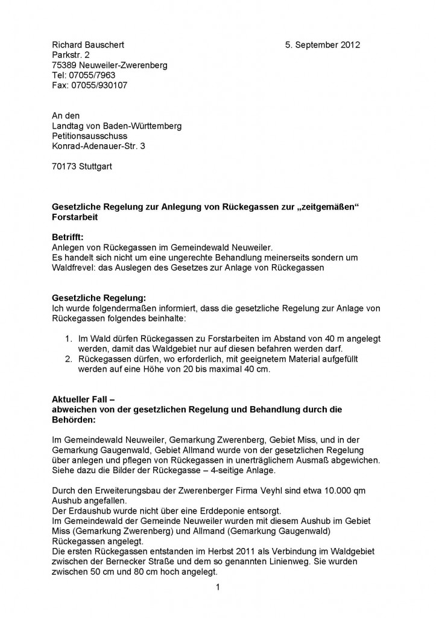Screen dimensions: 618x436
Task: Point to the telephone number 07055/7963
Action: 90,75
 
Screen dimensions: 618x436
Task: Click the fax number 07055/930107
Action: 97,86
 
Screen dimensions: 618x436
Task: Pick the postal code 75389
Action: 64,65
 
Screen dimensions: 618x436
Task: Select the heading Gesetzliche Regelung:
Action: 99,298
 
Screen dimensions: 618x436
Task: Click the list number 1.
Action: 69,339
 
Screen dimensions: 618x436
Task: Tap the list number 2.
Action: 69,359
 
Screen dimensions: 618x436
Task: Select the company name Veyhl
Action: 244,491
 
